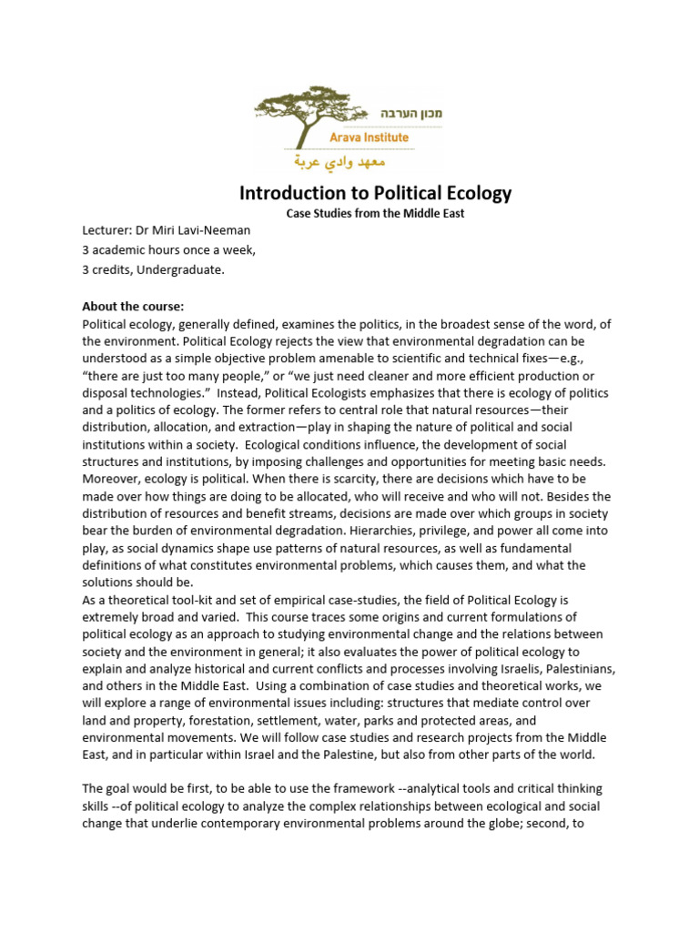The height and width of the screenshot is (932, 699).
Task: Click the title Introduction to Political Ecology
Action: (375, 193)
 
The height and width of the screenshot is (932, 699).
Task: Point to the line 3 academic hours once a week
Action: (169, 250)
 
